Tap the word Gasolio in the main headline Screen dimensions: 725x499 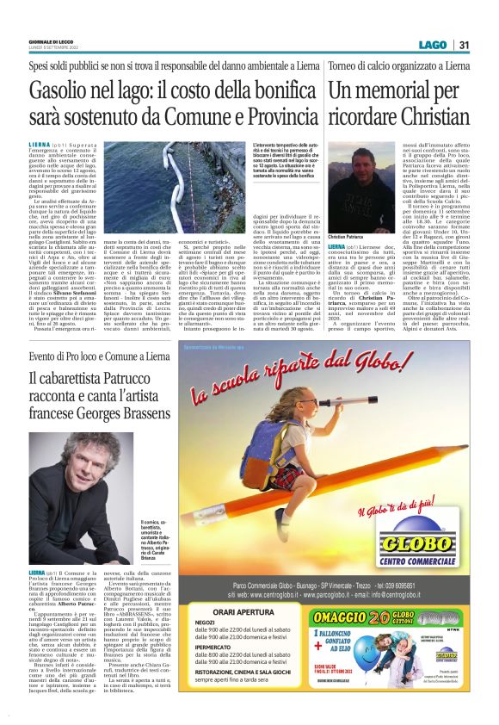pyautogui.click(x=61, y=88)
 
